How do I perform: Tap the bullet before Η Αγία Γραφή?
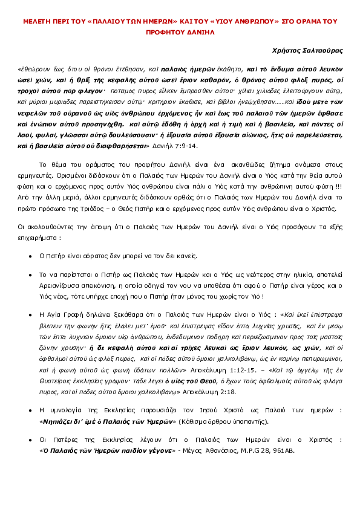(x=30, y=314)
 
